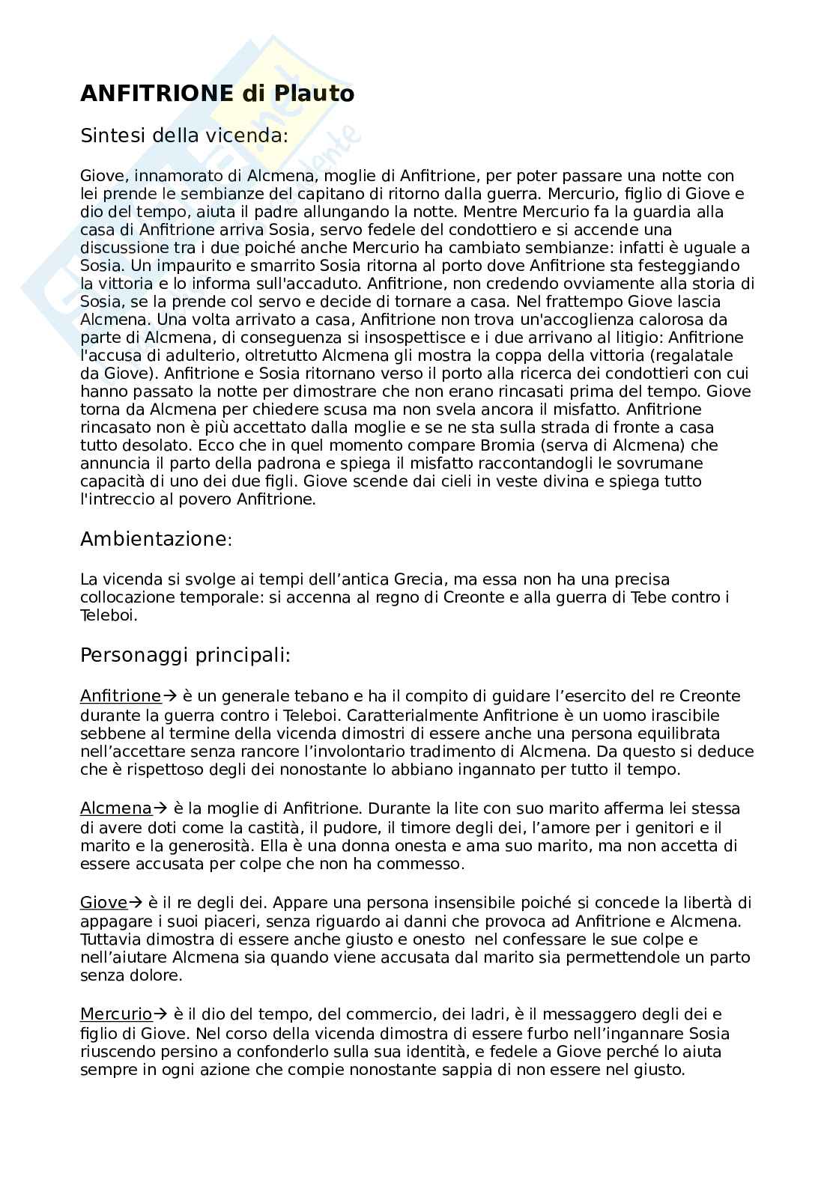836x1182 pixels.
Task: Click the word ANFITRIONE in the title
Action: [157, 94]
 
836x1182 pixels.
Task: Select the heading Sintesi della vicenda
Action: [184, 135]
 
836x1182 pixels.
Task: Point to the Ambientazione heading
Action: [156, 539]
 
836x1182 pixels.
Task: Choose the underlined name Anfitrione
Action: [121, 696]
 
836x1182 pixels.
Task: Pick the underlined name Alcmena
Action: [116, 808]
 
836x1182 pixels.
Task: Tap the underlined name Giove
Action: [104, 902]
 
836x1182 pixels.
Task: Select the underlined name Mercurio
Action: [116, 1014]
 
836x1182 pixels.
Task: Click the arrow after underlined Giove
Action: [136, 902]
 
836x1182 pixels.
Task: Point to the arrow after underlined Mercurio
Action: [160, 1014]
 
